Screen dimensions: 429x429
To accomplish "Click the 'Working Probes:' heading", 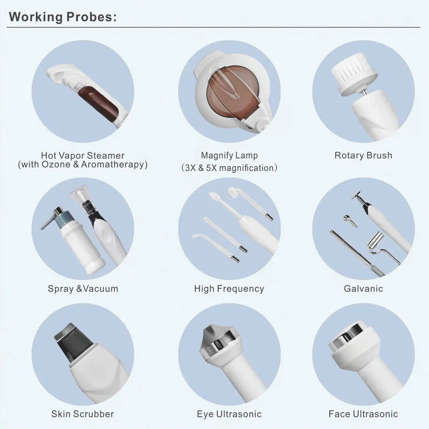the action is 63,17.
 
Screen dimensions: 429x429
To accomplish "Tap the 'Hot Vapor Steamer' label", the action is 83,156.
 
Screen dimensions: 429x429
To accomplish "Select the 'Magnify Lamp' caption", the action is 230,156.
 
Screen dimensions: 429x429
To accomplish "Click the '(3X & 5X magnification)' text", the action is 230,168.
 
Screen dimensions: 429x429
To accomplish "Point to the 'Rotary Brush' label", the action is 364,156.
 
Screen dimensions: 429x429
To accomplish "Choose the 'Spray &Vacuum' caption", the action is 83,289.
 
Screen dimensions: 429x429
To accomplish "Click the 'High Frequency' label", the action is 230,289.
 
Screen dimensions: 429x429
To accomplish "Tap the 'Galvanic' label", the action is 364,289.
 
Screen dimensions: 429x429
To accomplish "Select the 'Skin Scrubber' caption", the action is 83,414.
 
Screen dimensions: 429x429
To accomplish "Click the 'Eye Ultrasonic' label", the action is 230,414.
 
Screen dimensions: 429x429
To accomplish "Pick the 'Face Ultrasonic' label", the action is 364,414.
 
